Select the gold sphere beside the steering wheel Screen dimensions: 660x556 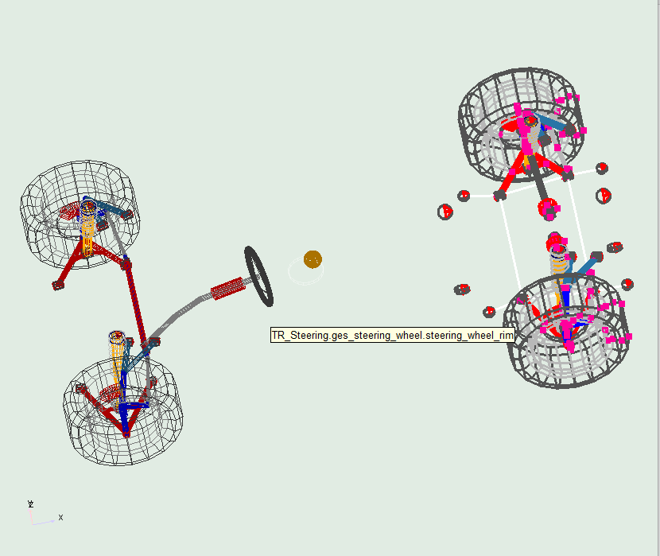click(x=313, y=259)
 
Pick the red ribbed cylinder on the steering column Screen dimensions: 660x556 click(x=227, y=289)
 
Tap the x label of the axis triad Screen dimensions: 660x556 click(x=60, y=518)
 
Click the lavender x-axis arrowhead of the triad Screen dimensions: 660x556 click(x=52, y=521)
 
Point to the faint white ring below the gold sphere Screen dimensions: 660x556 click(x=305, y=272)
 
